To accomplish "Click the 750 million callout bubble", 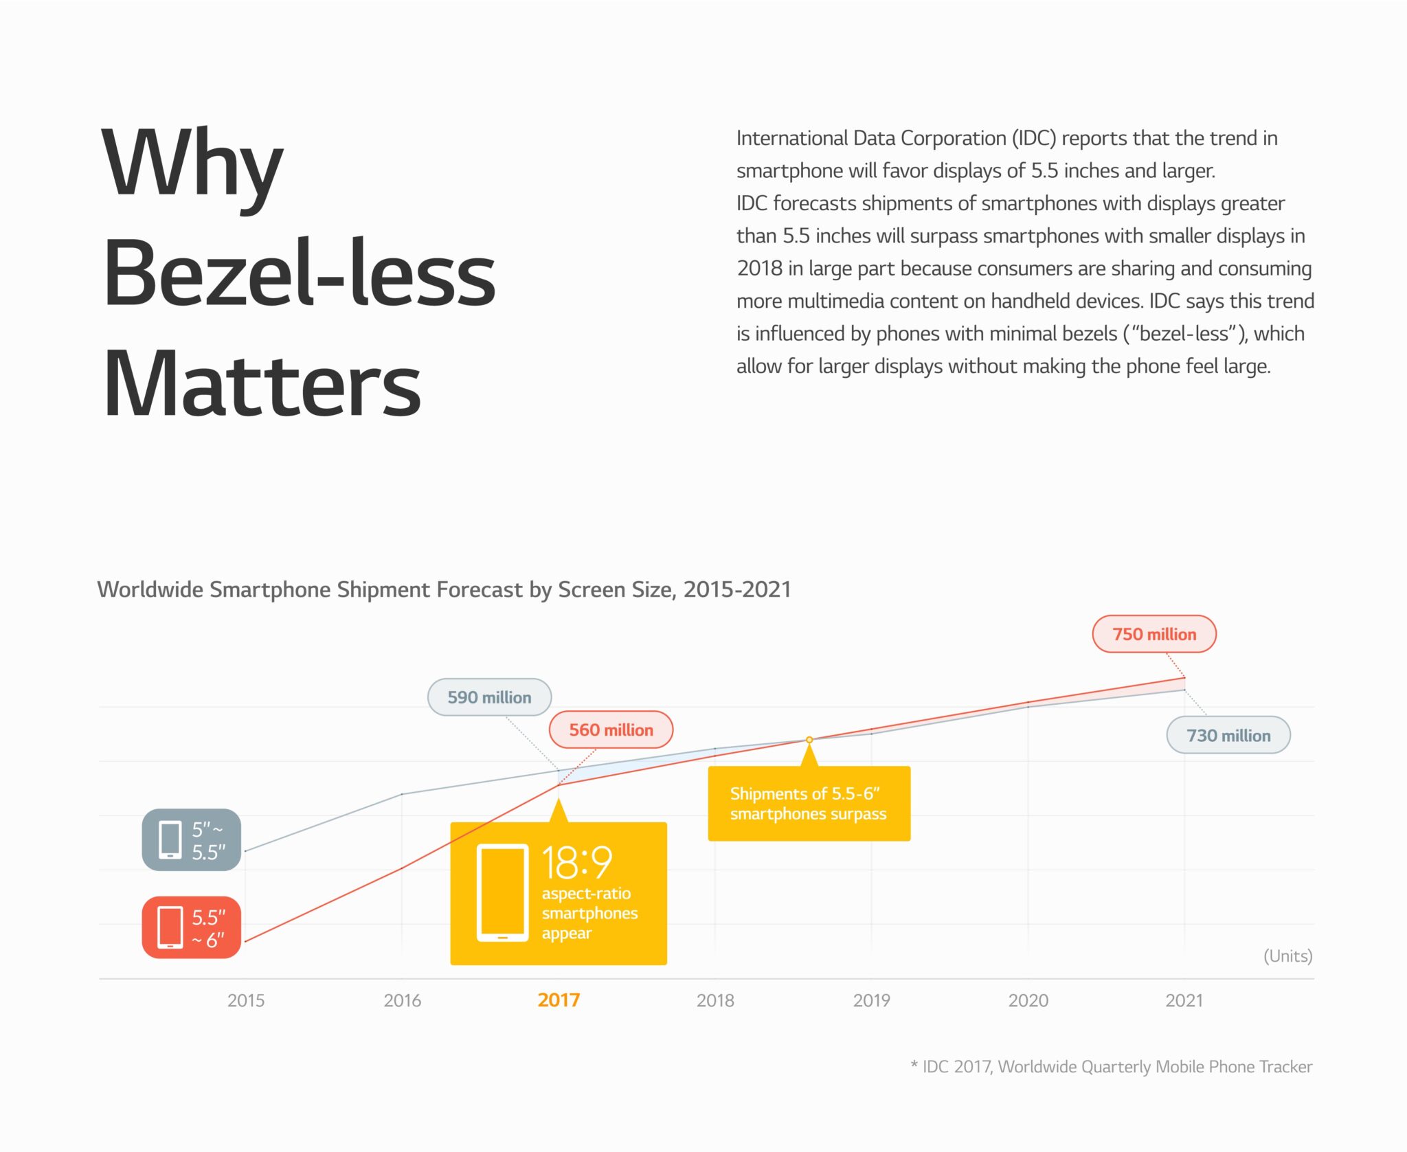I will point(1153,634).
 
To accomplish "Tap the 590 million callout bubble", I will point(489,697).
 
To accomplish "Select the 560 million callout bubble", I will point(611,730).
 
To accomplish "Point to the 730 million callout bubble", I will point(1228,736).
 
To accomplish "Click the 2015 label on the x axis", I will point(246,1000).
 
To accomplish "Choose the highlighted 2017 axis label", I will point(559,1000).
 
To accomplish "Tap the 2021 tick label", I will point(1184,1000).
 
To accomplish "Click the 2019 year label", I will point(871,1000).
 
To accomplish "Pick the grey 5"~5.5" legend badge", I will point(192,840).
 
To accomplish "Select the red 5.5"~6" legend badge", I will point(192,927).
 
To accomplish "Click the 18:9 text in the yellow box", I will point(576,862).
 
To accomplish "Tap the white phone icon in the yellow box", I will point(502,892).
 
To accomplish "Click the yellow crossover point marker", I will point(809,740).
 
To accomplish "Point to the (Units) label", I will point(1287,956).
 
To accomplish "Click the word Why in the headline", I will point(192,165).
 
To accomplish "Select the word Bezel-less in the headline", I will point(299,273).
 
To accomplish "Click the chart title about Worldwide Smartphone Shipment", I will point(444,589).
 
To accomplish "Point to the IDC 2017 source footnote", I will point(1111,1067).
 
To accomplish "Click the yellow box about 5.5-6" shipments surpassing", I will point(809,804).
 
